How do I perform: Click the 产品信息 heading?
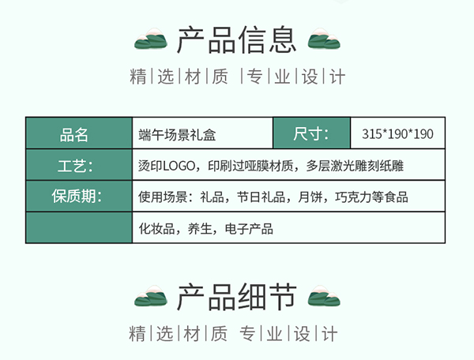click(x=237, y=39)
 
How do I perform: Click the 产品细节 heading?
click(x=237, y=298)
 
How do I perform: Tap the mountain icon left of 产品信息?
click(x=151, y=39)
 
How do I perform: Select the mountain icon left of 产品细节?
click(x=151, y=298)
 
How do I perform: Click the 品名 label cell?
click(x=78, y=133)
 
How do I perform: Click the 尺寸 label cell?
click(x=311, y=133)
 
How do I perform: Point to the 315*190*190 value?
click(x=397, y=134)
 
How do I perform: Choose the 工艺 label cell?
click(x=78, y=165)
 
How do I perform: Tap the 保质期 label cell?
click(x=78, y=197)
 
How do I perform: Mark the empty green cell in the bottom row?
click(x=78, y=228)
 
